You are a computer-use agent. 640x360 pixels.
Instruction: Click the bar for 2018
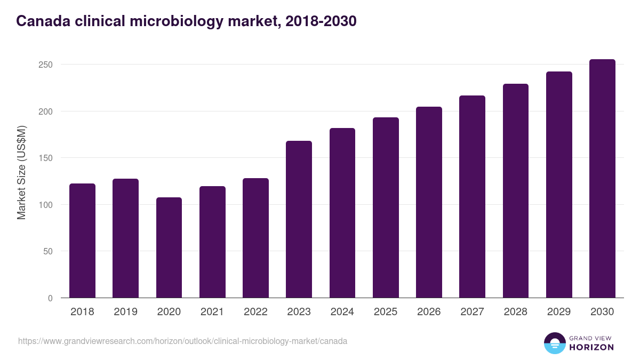tap(82, 241)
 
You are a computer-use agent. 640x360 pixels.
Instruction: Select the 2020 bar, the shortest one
tap(169, 247)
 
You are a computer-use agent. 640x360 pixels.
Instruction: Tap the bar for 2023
tap(299, 219)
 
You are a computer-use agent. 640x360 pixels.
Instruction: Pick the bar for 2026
tap(429, 202)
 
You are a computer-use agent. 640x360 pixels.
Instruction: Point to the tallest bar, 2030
tap(602, 179)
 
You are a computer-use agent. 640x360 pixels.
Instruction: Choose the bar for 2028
tap(516, 191)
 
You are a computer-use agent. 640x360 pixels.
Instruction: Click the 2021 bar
tap(212, 242)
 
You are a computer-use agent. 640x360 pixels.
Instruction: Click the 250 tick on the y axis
tap(46, 65)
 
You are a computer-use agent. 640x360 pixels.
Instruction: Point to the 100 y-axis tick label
tap(46, 205)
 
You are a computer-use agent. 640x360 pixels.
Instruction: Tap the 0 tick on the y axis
tap(50, 298)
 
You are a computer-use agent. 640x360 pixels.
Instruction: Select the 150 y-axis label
tap(46, 158)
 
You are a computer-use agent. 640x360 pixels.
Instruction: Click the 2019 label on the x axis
tap(126, 312)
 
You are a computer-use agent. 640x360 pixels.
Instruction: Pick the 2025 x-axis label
tap(386, 312)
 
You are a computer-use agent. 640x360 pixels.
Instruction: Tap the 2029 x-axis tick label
tap(559, 312)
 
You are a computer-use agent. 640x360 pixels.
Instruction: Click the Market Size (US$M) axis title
tap(21, 173)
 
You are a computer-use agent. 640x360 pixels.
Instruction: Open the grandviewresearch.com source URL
tap(183, 341)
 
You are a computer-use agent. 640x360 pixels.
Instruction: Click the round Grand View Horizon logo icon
tap(554, 343)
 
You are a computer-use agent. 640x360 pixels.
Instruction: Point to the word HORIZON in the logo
tap(591, 347)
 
